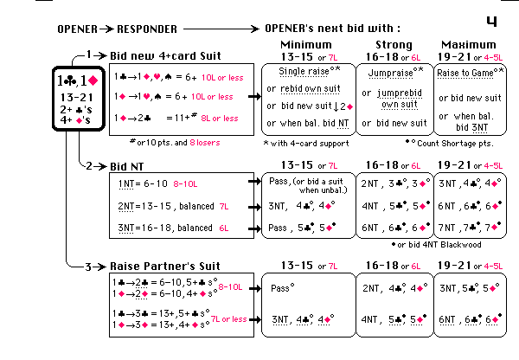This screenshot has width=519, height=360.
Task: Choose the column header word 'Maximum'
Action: [x=468, y=45]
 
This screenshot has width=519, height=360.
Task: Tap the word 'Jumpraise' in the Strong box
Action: [x=385, y=72]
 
